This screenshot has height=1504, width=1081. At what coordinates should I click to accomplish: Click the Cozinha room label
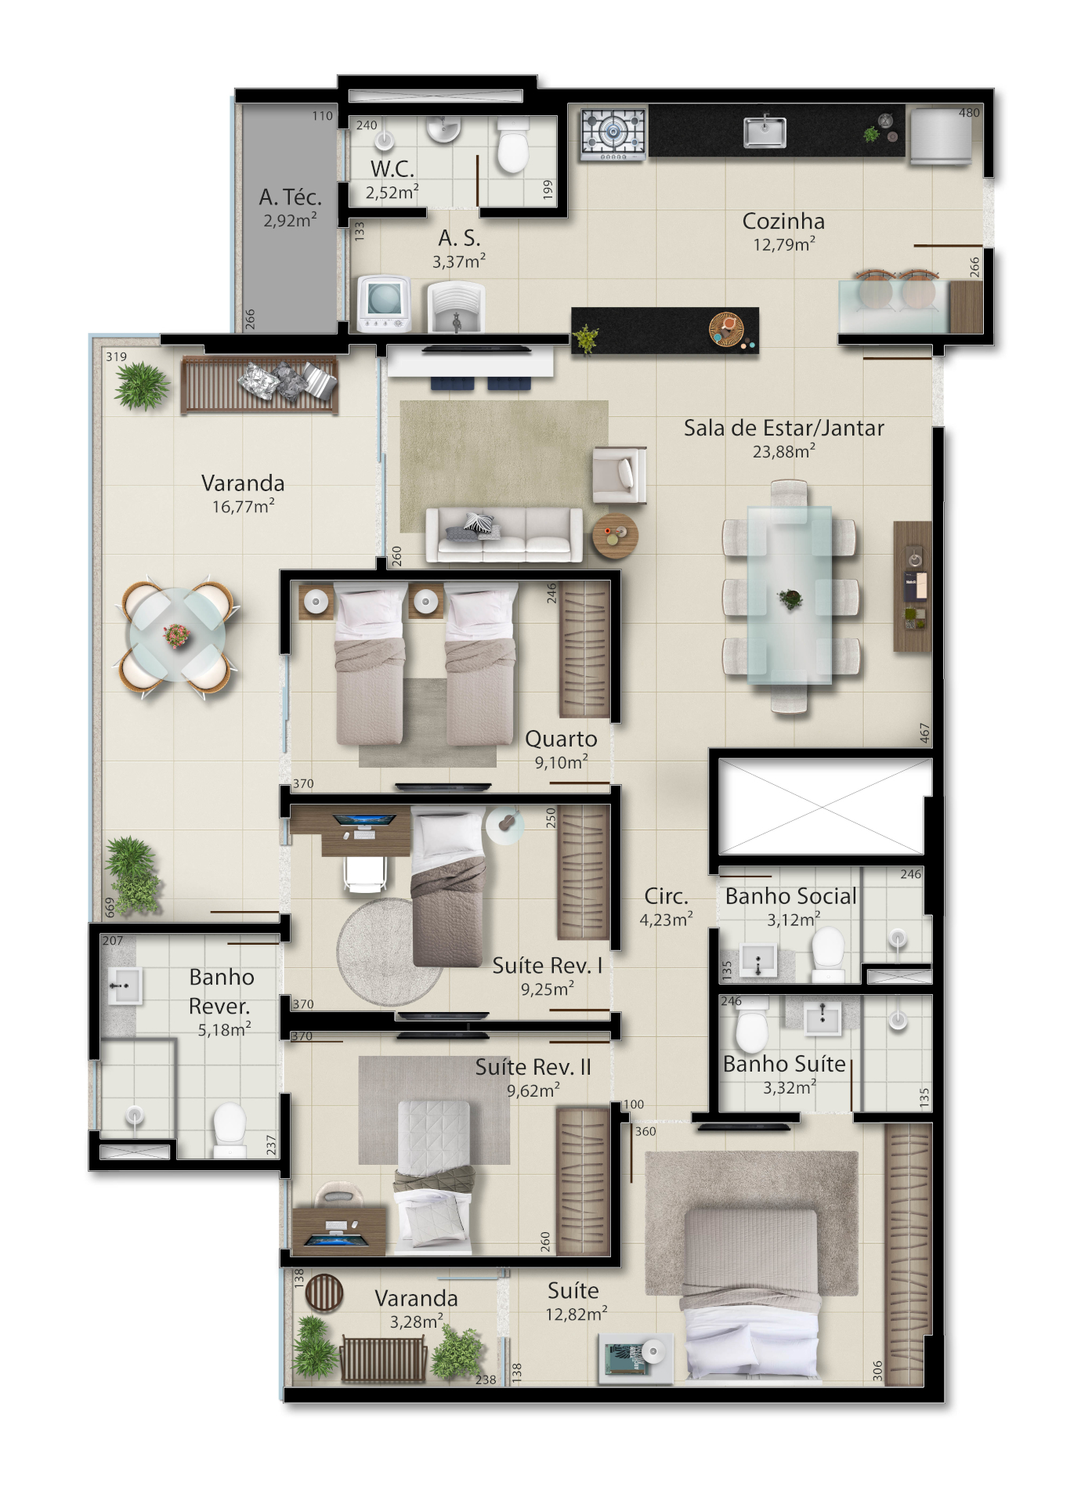(x=783, y=221)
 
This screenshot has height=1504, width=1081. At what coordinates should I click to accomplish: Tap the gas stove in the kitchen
(x=613, y=135)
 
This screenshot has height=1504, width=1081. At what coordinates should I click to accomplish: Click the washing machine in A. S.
(x=383, y=304)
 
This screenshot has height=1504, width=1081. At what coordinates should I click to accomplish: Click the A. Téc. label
(x=291, y=197)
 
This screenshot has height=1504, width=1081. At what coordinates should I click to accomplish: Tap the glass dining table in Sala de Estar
(x=790, y=595)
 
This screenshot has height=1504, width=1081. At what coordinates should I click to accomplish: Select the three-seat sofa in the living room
(x=504, y=535)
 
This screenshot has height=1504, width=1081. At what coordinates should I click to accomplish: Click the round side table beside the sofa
(x=615, y=537)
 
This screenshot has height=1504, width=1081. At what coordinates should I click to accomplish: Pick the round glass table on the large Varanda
(x=177, y=636)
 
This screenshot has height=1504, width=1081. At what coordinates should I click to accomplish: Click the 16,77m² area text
(x=244, y=507)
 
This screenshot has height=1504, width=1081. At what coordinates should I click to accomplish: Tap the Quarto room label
(x=561, y=739)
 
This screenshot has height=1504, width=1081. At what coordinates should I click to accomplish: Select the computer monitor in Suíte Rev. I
(x=364, y=821)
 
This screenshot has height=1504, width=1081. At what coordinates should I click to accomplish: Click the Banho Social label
(x=790, y=896)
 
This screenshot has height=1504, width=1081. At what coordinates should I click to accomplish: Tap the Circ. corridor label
(x=666, y=896)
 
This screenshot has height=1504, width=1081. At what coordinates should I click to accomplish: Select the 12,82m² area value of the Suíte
(x=577, y=1314)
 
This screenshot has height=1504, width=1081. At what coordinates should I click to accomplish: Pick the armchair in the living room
(x=620, y=474)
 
